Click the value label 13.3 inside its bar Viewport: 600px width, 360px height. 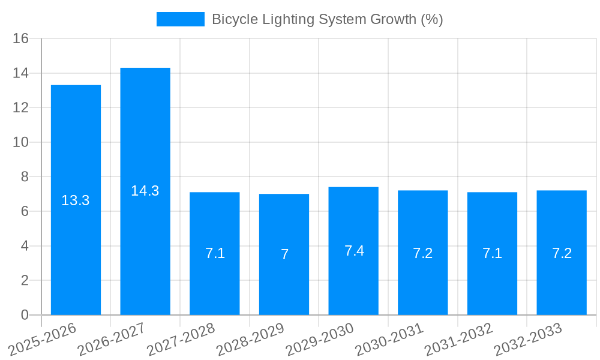point(76,200)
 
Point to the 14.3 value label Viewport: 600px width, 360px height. point(145,191)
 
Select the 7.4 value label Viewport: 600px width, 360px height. point(354,251)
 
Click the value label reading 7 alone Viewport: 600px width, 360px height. point(284,254)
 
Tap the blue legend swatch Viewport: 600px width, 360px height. point(180,19)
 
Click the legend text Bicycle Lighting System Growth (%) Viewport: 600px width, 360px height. point(327,19)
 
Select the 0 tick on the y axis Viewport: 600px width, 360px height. point(25,315)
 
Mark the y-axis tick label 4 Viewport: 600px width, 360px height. point(25,246)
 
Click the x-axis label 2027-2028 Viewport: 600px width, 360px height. point(181,340)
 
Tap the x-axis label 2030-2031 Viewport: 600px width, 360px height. point(389,340)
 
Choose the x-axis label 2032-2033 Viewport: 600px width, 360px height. point(527,340)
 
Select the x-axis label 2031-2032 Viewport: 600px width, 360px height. point(458,340)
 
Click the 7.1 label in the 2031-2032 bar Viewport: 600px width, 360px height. point(493,253)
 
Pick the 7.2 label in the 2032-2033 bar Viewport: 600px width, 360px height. point(562,253)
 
